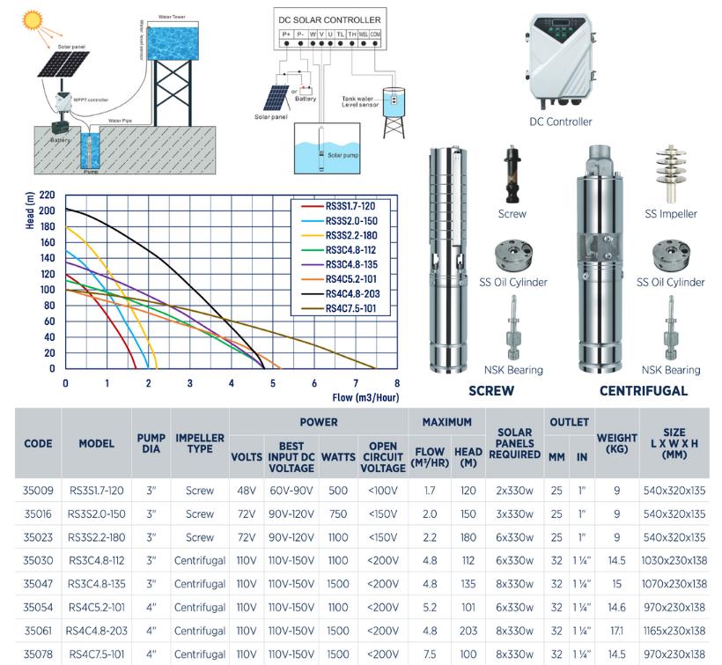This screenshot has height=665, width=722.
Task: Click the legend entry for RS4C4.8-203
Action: pos(350,293)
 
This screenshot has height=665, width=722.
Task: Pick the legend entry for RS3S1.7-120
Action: pos(350,206)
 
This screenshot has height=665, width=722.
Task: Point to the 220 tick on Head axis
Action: pos(48,195)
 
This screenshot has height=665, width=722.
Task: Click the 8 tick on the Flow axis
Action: pos(397,383)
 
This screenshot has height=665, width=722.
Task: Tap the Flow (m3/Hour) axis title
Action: pos(365,397)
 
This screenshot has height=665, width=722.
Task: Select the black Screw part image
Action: pos(512,173)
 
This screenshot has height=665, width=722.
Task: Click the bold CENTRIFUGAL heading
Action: pos(644,390)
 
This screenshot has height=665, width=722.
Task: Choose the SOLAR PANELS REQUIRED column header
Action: pos(514,444)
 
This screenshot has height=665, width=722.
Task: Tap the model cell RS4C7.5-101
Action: pos(97,654)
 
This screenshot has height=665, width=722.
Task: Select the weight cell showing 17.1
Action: pos(616,631)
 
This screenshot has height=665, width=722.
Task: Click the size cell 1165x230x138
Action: pos(674,631)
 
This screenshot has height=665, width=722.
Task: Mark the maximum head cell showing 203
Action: pos(468,631)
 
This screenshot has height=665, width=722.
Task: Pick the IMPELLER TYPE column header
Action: pos(200,444)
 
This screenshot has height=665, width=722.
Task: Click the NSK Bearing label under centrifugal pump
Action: pos(671,370)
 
